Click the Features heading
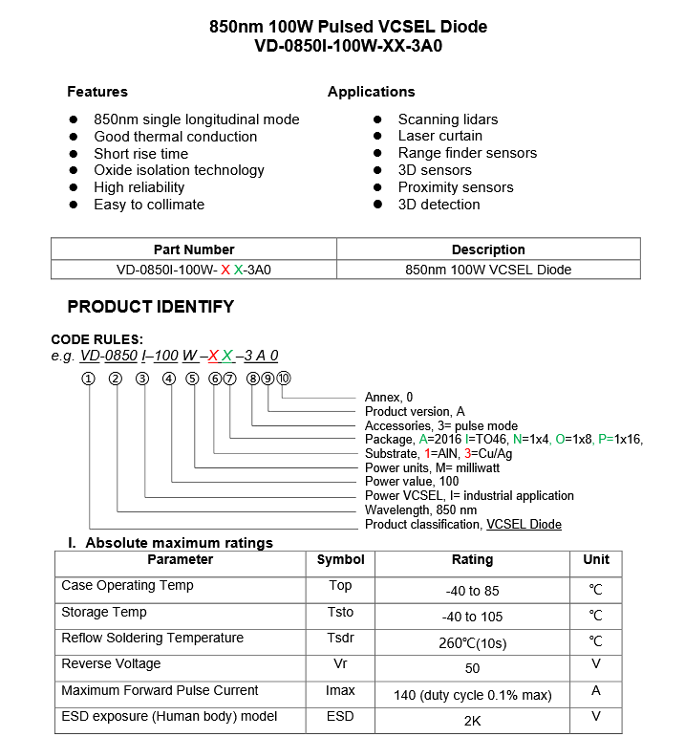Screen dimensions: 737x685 pyautogui.click(x=96, y=92)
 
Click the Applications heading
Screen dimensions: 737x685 pyautogui.click(x=371, y=92)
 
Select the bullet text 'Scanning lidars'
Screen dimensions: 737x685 pyautogui.click(x=447, y=119)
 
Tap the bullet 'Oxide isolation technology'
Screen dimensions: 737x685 pyautogui.click(x=179, y=170)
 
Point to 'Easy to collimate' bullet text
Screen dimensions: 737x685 pyautogui.click(x=148, y=205)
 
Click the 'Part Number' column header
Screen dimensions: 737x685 pyautogui.click(x=194, y=249)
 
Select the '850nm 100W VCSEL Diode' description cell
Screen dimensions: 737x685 pyautogui.click(x=488, y=270)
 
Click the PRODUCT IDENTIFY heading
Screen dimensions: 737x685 pyautogui.click(x=150, y=307)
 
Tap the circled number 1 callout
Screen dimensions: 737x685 pyautogui.click(x=89, y=379)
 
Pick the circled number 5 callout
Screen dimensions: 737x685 pyautogui.click(x=192, y=379)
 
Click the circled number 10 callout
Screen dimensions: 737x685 pyautogui.click(x=283, y=379)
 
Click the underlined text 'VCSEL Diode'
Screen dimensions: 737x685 pyautogui.click(x=524, y=525)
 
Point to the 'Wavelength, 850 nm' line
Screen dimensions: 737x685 pyautogui.click(x=420, y=510)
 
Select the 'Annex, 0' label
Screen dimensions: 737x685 pyautogui.click(x=389, y=397)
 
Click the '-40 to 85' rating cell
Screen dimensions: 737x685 pyautogui.click(x=471, y=591)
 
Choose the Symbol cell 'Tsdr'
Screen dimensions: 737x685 pyautogui.click(x=340, y=638)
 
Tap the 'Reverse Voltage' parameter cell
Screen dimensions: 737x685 pyautogui.click(x=111, y=663)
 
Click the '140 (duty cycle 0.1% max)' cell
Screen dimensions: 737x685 pyautogui.click(x=471, y=695)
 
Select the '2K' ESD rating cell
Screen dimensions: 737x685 pyautogui.click(x=471, y=721)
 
